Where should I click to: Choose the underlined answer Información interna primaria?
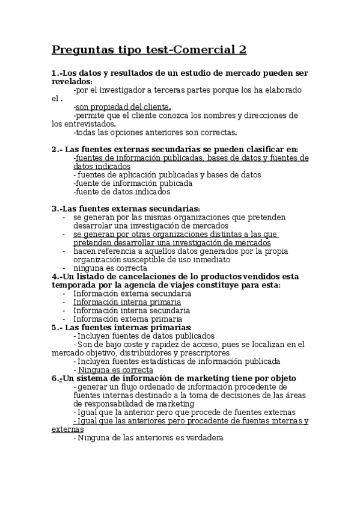[x=127, y=302]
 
